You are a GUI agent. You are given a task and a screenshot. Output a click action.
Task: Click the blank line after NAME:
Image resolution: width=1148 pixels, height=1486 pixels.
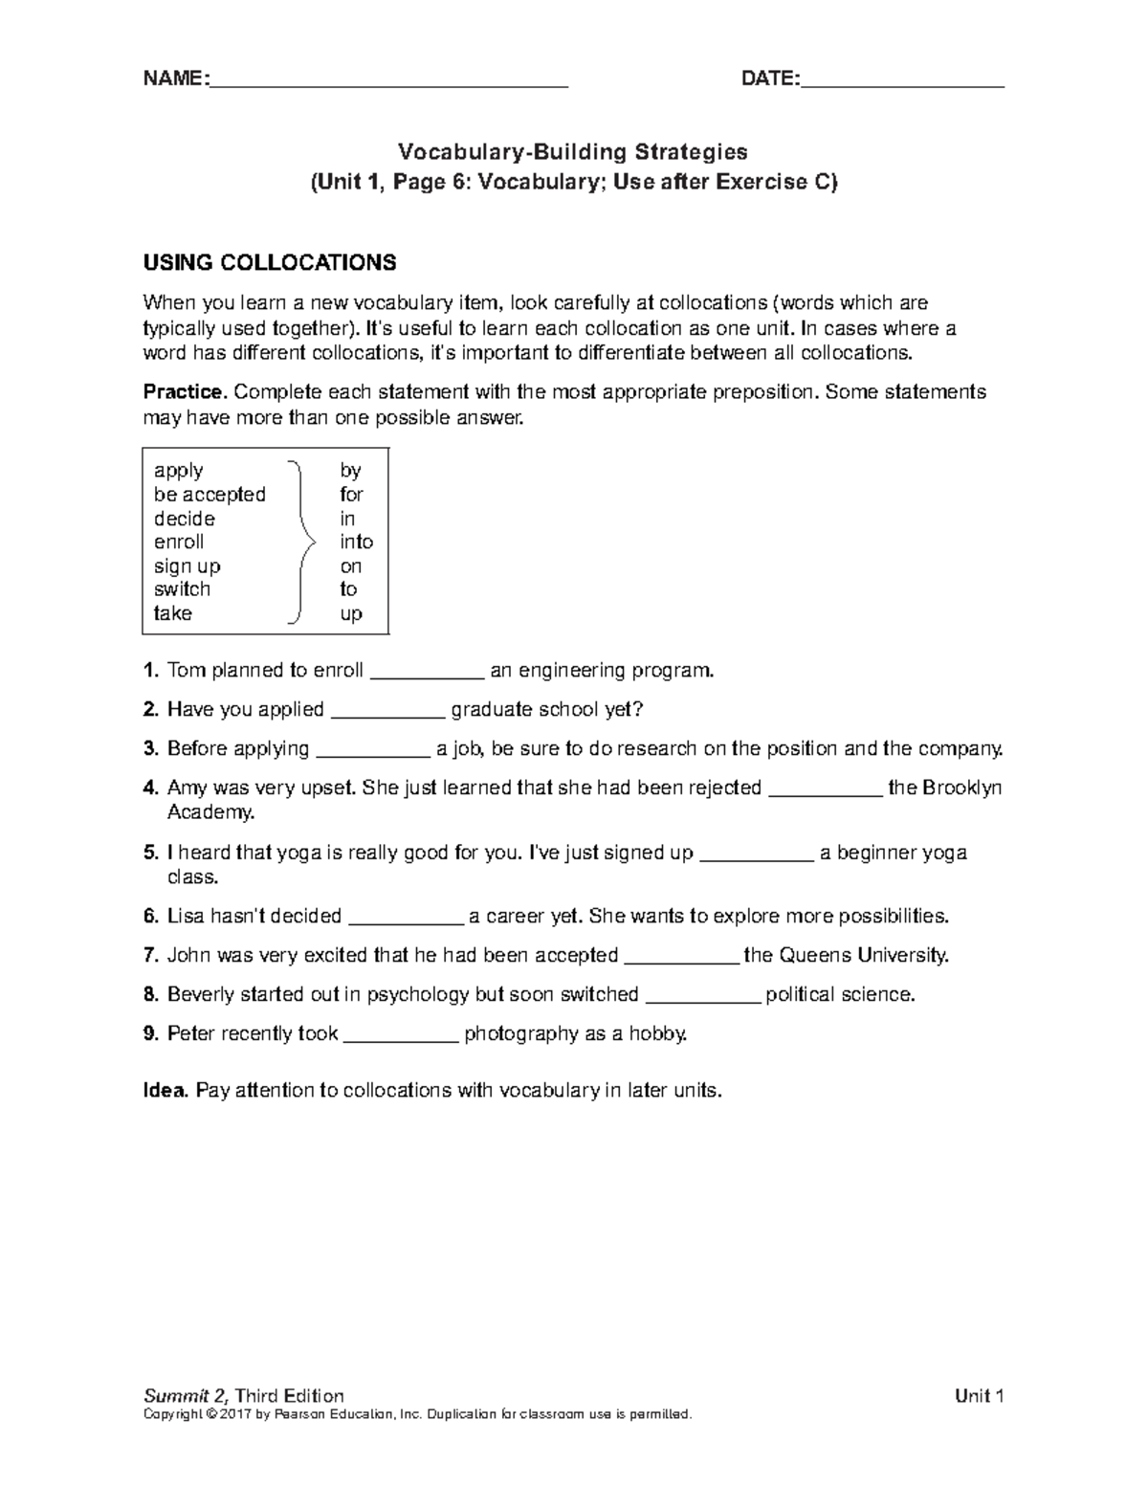(x=387, y=83)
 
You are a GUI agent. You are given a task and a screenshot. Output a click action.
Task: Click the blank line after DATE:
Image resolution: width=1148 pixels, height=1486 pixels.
(x=902, y=83)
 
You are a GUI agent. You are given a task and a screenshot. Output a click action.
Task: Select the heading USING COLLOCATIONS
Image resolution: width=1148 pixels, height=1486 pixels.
(x=269, y=263)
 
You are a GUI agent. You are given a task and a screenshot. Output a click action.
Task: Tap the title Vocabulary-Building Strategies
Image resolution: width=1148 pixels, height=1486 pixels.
(x=573, y=151)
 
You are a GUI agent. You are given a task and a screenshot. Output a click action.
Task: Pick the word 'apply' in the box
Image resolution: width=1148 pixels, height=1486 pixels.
(x=178, y=471)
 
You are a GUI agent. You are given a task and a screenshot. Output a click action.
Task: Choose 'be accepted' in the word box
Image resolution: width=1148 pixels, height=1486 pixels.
(x=210, y=495)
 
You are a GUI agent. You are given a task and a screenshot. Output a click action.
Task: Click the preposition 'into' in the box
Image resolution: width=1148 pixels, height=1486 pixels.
(x=356, y=542)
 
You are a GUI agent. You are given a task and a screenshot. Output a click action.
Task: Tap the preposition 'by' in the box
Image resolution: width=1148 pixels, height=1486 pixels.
(x=350, y=471)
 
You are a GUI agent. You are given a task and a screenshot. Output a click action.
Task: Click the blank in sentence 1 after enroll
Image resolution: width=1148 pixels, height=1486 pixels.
(x=427, y=674)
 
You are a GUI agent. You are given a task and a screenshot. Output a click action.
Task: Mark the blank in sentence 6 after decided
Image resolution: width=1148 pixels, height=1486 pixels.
(x=406, y=920)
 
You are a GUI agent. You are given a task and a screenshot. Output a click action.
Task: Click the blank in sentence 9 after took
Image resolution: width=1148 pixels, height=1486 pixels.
(x=401, y=1037)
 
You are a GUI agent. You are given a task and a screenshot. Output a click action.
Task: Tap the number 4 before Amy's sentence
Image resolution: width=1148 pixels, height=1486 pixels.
(x=149, y=788)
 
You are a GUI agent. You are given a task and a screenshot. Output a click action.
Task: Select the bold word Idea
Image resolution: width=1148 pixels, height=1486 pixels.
(x=165, y=1091)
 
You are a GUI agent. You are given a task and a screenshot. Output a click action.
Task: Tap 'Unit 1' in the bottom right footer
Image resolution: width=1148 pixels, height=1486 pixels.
(x=979, y=1396)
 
